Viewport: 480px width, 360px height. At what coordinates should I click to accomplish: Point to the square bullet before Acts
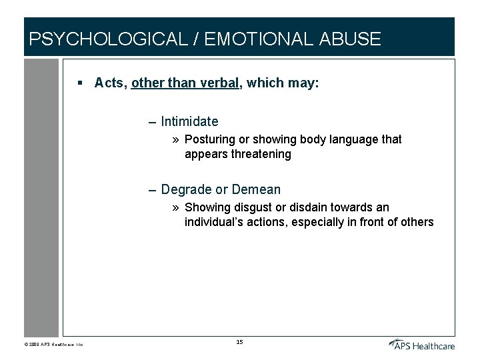pyautogui.click(x=79, y=83)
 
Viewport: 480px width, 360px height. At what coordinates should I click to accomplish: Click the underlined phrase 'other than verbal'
pyautogui.click(x=185, y=83)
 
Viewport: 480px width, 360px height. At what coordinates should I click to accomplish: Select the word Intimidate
pyautogui.click(x=189, y=121)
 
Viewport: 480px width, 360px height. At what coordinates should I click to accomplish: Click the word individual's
pyautogui.click(x=213, y=222)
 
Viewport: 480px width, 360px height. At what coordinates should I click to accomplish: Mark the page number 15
pyautogui.click(x=240, y=342)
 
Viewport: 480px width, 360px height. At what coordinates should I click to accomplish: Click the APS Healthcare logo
pyautogui.click(x=422, y=344)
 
